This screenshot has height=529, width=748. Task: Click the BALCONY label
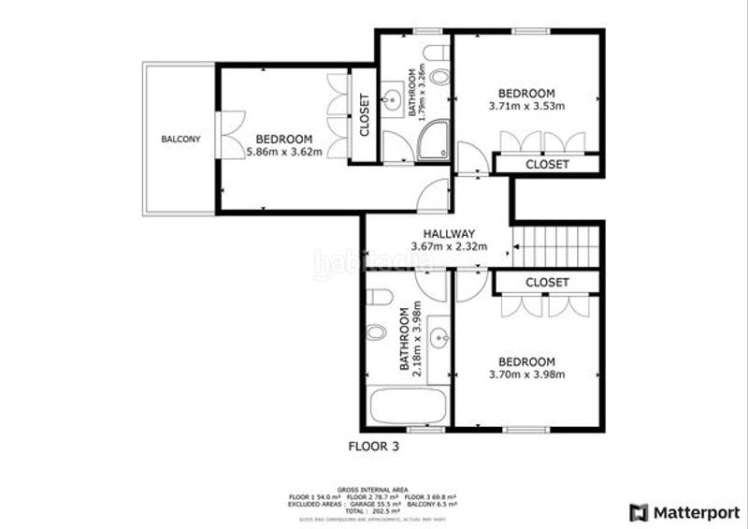click(x=180, y=140)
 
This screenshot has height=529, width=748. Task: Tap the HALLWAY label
click(x=450, y=234)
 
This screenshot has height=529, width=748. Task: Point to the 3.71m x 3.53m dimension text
click(x=526, y=107)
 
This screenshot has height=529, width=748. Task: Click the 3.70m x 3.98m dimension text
click(x=526, y=375)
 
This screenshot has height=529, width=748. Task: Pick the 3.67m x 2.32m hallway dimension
click(x=450, y=247)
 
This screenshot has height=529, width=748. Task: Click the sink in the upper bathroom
click(x=392, y=97)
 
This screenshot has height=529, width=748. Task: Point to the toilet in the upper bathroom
click(x=436, y=53)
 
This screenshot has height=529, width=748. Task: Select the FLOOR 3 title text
click(x=373, y=447)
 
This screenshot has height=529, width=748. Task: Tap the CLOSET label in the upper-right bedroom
click(x=547, y=165)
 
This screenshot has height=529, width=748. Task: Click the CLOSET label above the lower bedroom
click(x=547, y=283)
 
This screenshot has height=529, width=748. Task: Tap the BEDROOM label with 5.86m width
click(x=284, y=138)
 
